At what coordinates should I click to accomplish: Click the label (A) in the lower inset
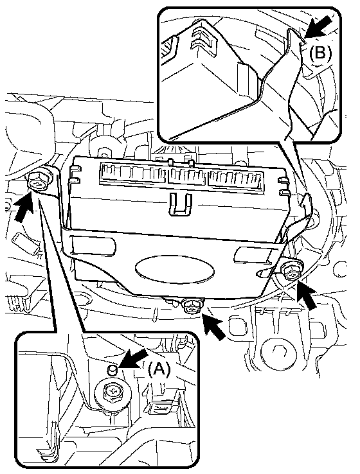tap(159, 369)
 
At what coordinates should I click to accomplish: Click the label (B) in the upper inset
tap(320, 53)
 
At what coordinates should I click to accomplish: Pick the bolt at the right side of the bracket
tap(292, 271)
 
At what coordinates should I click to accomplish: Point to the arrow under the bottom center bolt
tap(214, 326)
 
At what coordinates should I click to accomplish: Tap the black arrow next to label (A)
tap(132, 358)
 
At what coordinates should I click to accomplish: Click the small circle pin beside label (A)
tap(113, 369)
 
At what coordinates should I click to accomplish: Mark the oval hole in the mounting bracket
tap(175, 269)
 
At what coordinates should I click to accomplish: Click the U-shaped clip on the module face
tap(181, 204)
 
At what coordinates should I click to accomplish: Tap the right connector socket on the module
tap(235, 180)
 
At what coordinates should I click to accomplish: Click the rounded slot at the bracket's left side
tap(93, 245)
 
